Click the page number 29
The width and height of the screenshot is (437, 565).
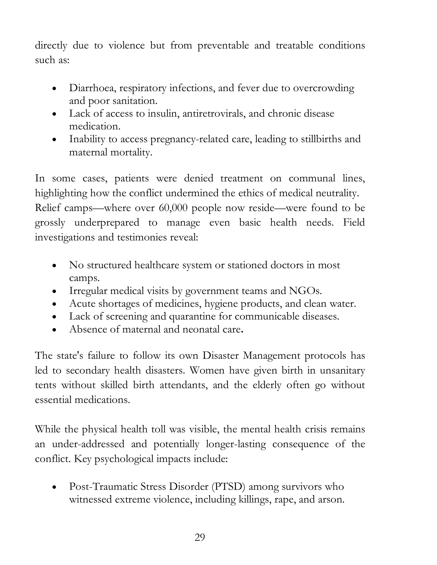pos(200,537)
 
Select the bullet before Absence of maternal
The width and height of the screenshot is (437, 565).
pos(54,330)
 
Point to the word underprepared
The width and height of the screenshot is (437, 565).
pos(107,223)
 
